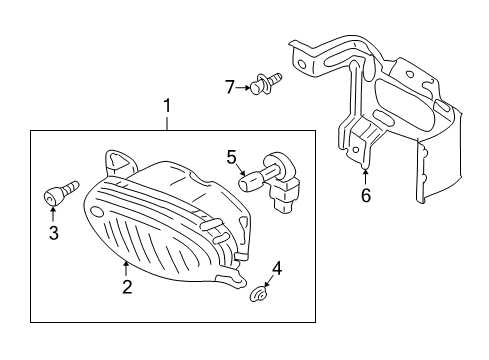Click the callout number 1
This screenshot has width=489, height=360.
tap(168, 105)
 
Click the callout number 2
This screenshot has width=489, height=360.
tap(126, 288)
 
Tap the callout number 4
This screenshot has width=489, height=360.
tap(277, 268)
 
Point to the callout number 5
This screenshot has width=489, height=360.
tap(231, 156)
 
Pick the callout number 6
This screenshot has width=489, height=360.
tap(365, 196)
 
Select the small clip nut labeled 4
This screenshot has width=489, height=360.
tap(259, 294)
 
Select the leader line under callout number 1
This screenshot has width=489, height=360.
tap(168, 122)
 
